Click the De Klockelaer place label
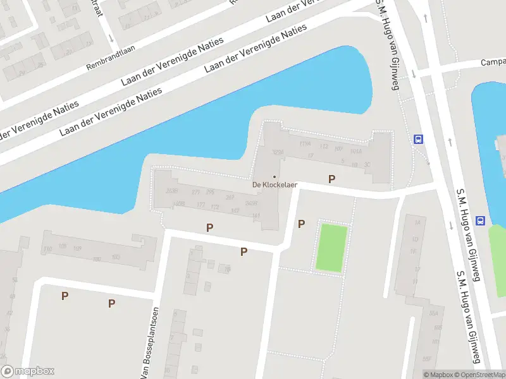(274, 185)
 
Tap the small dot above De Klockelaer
(274, 176)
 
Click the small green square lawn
(332, 248)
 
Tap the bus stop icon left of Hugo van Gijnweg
(417, 140)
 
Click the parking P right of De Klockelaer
(331, 179)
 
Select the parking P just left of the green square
(301, 224)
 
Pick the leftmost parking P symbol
(65, 296)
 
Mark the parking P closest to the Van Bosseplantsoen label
(111, 304)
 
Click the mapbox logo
(28, 371)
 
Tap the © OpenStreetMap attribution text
(479, 375)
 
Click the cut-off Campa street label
(493, 63)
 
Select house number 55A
(434, 313)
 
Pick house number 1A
(416, 222)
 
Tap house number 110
(49, 250)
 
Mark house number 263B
(171, 191)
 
